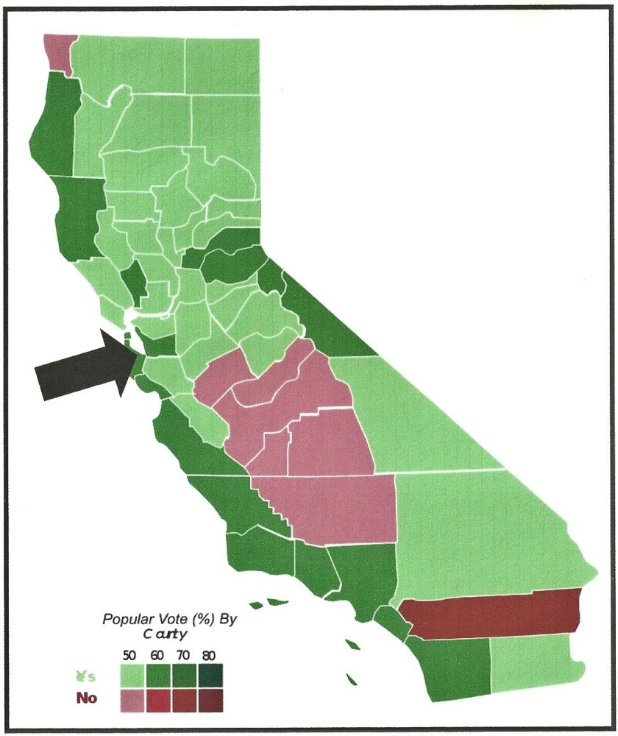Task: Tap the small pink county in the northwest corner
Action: click(x=56, y=52)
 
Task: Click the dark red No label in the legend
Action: click(x=86, y=698)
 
